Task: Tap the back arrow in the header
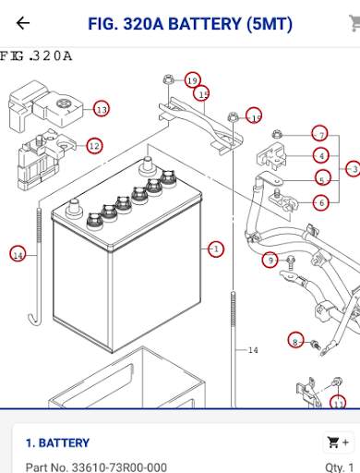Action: point(23,23)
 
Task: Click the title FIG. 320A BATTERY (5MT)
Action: point(190,24)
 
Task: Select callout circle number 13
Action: point(102,109)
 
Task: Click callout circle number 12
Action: point(94,146)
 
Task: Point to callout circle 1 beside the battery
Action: point(216,249)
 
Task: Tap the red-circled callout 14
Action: point(18,255)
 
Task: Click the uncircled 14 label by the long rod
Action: point(253,350)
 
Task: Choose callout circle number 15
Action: point(202,93)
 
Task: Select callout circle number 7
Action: point(320,134)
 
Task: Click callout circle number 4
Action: point(321,155)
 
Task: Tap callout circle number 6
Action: point(321,203)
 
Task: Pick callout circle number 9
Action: point(270,261)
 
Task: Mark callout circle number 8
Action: point(295,341)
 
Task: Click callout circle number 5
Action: point(323,178)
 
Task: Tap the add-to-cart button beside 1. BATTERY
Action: point(338,443)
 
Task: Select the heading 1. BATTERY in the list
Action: point(57,443)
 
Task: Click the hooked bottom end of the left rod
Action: point(34,320)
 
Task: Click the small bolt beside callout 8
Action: point(315,345)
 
